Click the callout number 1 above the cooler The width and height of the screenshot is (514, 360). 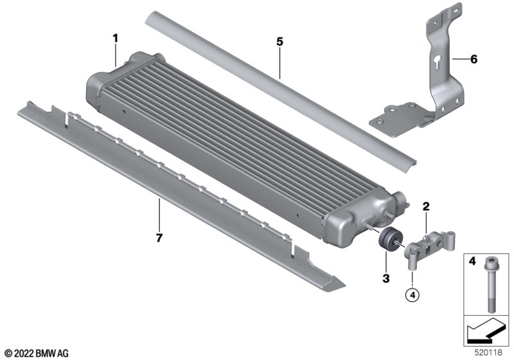115,39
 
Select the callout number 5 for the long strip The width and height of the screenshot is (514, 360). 279,42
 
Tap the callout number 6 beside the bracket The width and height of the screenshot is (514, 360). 474,59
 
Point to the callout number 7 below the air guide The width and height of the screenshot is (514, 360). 159,238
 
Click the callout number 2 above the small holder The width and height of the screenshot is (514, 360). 426,206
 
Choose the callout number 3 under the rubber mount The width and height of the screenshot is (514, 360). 386,279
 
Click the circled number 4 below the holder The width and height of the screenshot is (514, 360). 412,295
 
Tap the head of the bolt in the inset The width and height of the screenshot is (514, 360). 490,261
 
